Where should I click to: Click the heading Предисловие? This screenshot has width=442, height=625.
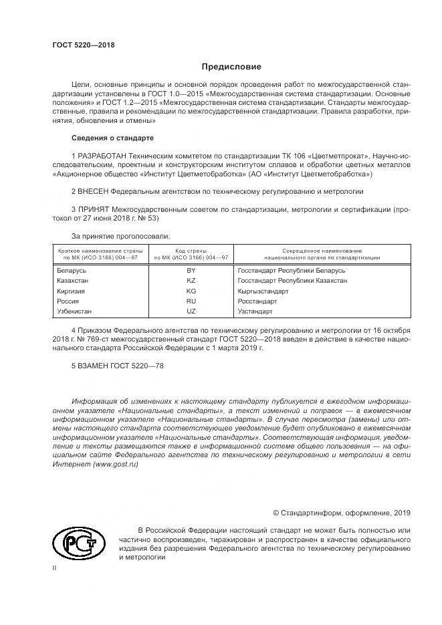tap(231, 68)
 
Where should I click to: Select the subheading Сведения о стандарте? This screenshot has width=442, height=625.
tap(112, 138)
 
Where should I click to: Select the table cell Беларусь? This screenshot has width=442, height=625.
tap(72, 271)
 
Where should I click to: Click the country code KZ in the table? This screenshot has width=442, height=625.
tap(191, 281)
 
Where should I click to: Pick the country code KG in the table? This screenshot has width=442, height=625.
tap(191, 291)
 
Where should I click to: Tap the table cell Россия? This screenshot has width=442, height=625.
tap(69, 301)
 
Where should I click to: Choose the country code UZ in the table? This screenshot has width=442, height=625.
tap(191, 311)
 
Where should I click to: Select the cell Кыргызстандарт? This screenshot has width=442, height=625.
tap(263, 291)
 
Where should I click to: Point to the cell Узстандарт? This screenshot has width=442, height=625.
tap(255, 311)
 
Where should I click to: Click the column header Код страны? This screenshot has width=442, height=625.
tap(191, 249)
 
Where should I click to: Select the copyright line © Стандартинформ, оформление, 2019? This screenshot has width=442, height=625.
tap(342, 513)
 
